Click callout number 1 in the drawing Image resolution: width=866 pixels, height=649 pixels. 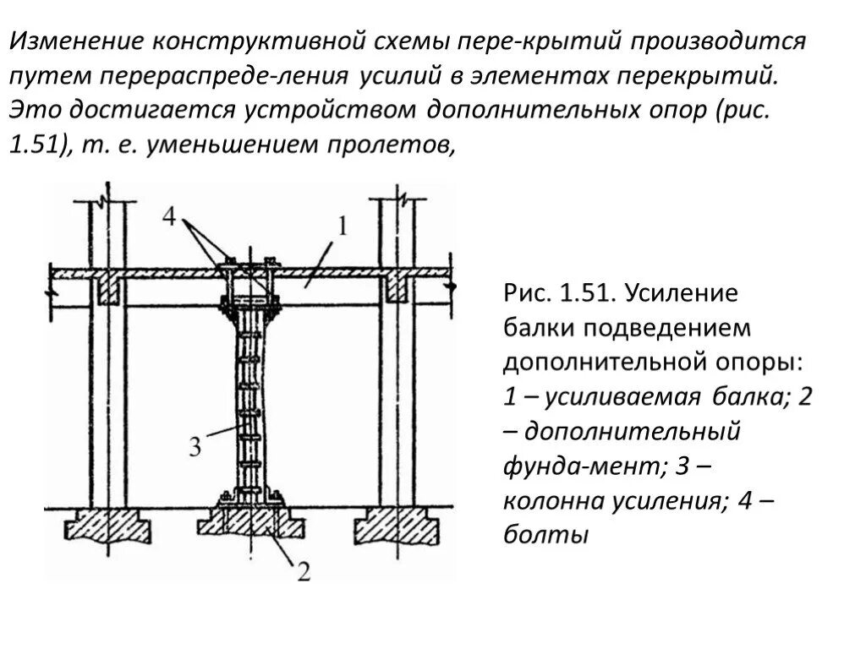pyautogui.click(x=343, y=226)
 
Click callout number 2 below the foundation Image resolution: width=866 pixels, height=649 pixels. pyautogui.click(x=302, y=571)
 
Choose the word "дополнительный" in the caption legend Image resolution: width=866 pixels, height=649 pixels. pyautogui.click(x=633, y=431)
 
